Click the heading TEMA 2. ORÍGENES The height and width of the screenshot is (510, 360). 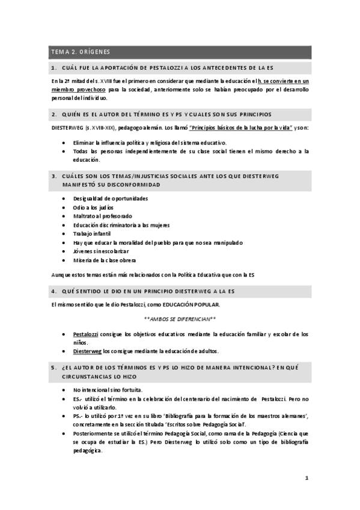pyautogui.click(x=80, y=52)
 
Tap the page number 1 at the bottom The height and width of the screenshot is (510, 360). pyautogui.click(x=307, y=478)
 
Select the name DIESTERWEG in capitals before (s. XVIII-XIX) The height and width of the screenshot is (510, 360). pyautogui.click(x=67, y=129)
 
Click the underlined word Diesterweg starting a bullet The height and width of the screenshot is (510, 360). pyautogui.click(x=88, y=351)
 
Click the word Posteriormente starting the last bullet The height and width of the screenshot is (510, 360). pyautogui.click(x=94, y=434)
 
